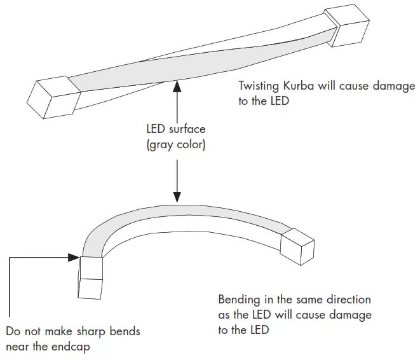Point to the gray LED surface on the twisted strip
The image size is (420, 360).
[191, 64]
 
